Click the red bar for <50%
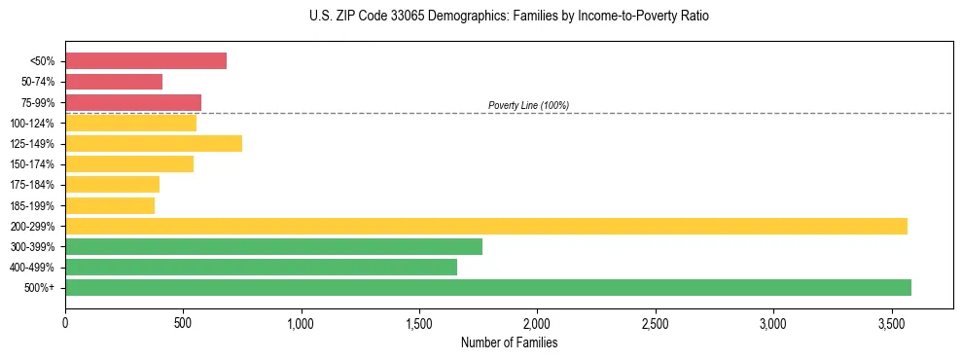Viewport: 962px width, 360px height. (146, 61)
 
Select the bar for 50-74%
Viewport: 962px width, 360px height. (114, 82)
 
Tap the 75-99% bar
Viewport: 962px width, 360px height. (133, 102)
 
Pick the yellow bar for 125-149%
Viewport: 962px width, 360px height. (154, 143)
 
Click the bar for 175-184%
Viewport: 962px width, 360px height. (112, 184)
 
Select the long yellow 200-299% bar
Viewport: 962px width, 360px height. (486, 226)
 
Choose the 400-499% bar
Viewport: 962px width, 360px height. (261, 267)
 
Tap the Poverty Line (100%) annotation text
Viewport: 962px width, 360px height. (528, 105)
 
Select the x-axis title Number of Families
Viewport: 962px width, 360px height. (509, 342)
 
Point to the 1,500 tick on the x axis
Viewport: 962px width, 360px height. (419, 322)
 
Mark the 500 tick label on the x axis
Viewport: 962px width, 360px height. (183, 322)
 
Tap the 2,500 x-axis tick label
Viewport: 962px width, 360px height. (656, 322)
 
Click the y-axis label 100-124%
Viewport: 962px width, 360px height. (32, 124)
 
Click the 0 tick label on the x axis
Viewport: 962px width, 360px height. (65, 322)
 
